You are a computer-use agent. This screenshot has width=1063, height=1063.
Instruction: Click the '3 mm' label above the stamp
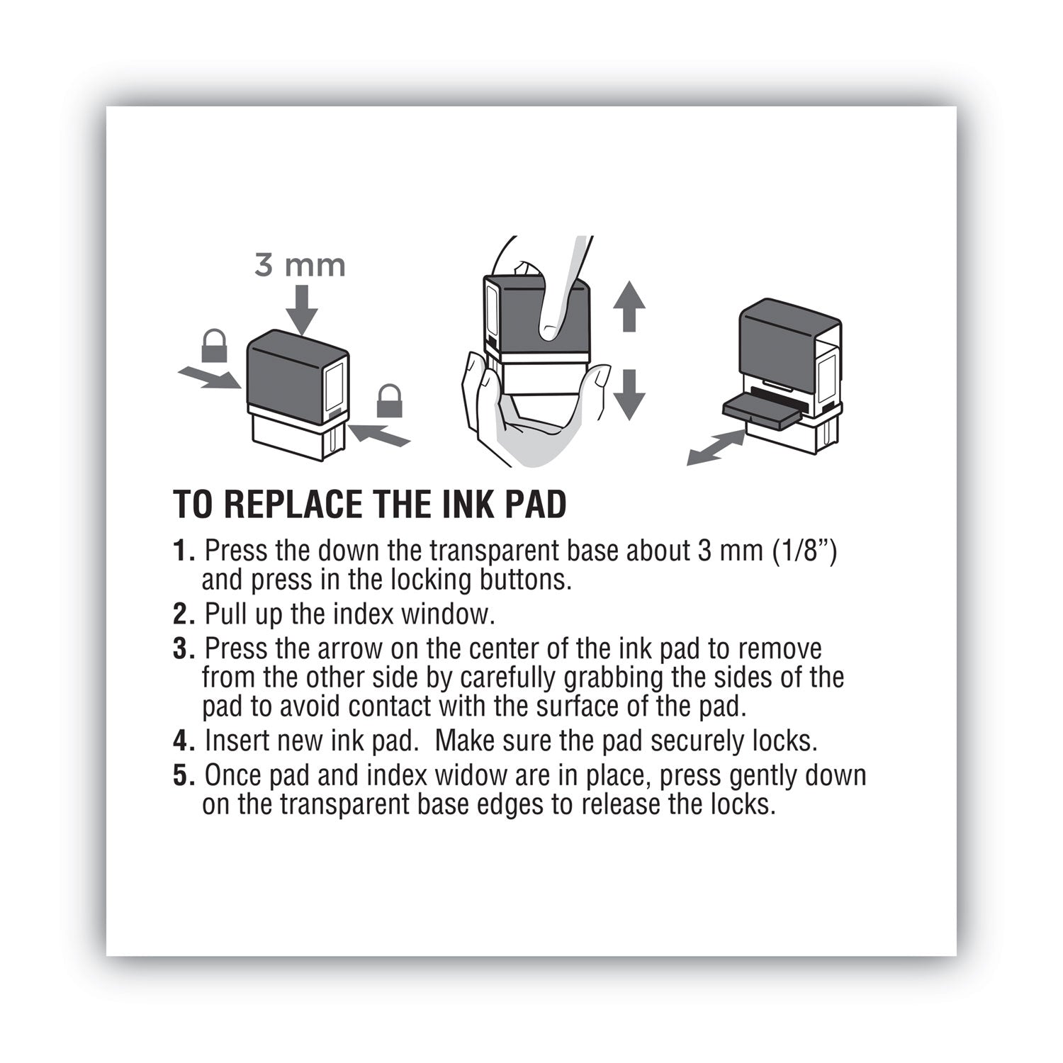tap(300, 266)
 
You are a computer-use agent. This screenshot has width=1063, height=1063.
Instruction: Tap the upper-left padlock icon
tap(214, 346)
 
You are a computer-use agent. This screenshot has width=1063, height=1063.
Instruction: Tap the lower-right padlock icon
tap(389, 401)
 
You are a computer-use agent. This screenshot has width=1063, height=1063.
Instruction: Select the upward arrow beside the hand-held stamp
tap(629, 306)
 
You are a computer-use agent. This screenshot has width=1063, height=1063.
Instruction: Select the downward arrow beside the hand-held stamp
tap(629, 395)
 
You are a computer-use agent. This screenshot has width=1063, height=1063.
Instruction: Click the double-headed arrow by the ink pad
tap(716, 449)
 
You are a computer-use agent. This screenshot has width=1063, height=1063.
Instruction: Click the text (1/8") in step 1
tap(803, 551)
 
